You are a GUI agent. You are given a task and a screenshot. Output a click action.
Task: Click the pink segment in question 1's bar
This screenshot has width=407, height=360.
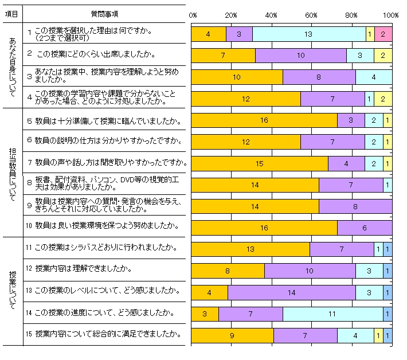coord(383,34)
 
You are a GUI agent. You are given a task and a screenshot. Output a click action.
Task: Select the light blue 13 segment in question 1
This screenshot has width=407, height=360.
coord(309,34)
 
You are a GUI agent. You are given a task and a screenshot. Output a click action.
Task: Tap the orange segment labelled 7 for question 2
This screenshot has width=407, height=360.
coord(223,56)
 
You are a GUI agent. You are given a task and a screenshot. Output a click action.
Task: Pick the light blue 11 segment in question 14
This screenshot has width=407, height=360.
coord(332,314)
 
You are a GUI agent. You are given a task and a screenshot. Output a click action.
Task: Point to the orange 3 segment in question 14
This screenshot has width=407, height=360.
coord(205,314)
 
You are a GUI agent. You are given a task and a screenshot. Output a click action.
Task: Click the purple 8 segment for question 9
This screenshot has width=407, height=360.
coord(355,206)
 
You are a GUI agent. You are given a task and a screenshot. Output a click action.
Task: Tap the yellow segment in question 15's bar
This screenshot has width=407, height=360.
coord(378,335)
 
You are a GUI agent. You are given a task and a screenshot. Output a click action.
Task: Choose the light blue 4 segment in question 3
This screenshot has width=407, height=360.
coord(374,77)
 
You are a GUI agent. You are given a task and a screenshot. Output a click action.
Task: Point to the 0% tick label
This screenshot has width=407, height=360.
coord(193,14)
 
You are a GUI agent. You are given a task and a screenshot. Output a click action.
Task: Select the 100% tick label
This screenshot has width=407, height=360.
coord(392,14)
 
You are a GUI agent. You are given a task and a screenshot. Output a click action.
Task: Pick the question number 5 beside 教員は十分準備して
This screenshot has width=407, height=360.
coord(29,122)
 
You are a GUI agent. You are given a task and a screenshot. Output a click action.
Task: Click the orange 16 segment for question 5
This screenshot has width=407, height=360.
coord(264,120)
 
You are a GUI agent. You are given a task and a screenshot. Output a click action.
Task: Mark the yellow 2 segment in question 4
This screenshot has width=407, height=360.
coord(383,99)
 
